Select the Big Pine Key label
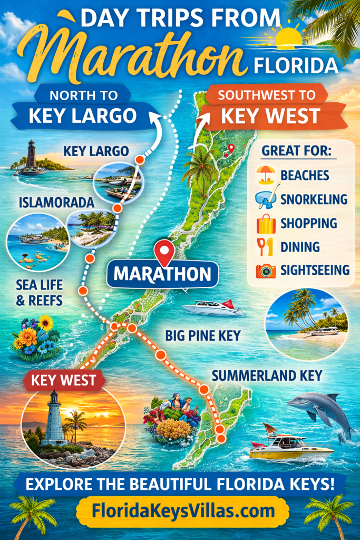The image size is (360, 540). click(x=202, y=335)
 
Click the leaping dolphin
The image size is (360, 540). click(x=320, y=409)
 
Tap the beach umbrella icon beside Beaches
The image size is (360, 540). click(x=266, y=175)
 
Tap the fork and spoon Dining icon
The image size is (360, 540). click(x=265, y=246)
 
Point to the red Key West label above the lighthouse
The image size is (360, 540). click(x=63, y=380)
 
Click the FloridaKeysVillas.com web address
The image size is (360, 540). click(x=183, y=510)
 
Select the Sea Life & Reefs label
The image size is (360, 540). click(x=39, y=293)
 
